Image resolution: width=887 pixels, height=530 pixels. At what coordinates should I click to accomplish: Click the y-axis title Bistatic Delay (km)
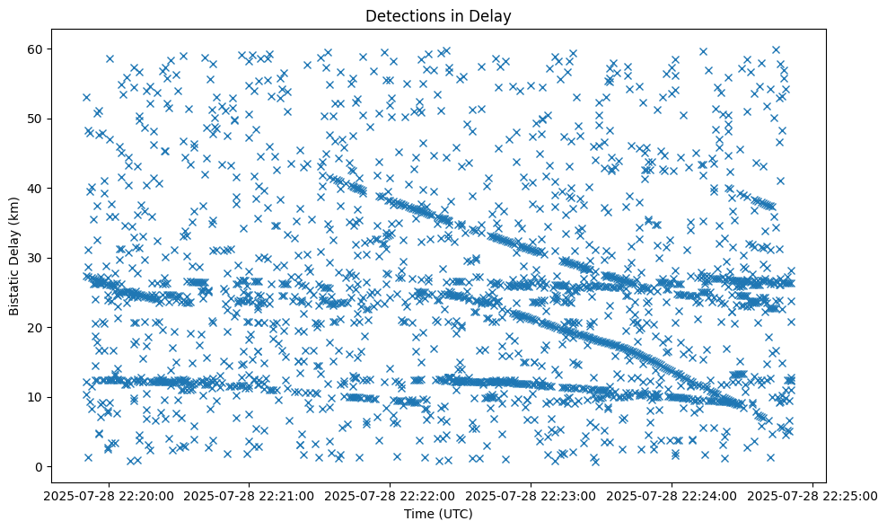coord(15,255)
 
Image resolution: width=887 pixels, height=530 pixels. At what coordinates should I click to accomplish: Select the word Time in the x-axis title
coord(421,515)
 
